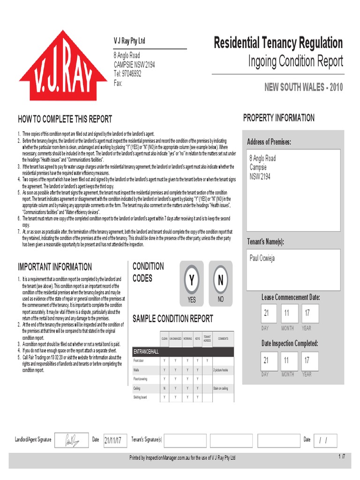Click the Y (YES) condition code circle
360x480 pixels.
coord(192,280)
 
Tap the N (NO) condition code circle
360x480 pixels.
coord(220,280)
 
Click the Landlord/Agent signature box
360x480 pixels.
coord(72,440)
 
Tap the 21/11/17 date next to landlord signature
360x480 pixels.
coord(113,440)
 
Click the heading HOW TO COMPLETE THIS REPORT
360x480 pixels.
coord(65,120)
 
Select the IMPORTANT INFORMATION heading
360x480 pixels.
coord(55,267)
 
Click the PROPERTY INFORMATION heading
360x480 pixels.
coord(279,118)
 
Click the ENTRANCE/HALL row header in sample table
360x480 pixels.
coord(147,351)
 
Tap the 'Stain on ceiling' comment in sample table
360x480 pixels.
coord(220,388)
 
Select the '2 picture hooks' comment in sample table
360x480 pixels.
coord(220,370)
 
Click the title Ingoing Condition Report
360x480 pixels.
coord(295,61)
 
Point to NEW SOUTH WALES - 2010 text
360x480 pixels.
coord(303,88)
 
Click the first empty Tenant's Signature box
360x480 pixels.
coord(185,440)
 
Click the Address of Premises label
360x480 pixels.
coord(269,142)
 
